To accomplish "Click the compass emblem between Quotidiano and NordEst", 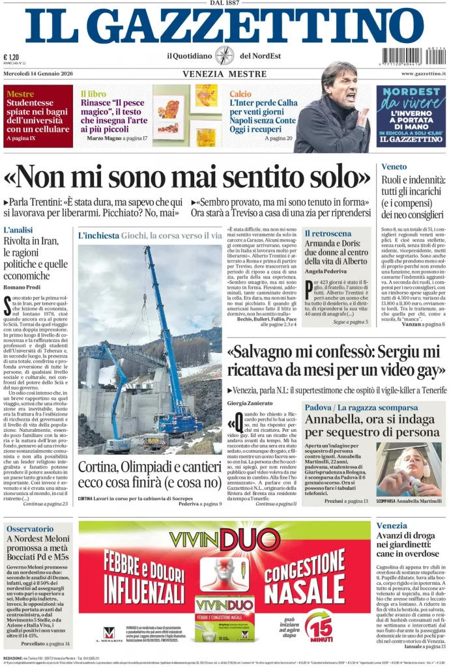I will coord(224,55).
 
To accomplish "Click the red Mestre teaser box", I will coord(38,116).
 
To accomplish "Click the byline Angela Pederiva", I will coord(326,270).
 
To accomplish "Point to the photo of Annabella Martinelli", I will coord(409,470).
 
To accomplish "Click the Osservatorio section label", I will coord(30,529).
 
